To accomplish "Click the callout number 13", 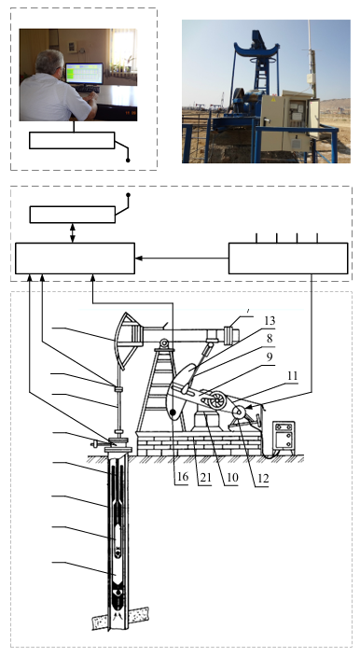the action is point(270,321).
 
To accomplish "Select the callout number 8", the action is point(270,338).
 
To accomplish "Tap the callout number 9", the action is point(270,357).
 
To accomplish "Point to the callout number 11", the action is point(292,376).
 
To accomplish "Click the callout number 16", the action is point(183,477).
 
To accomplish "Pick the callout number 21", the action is point(205,477).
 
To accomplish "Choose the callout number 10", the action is point(232,477).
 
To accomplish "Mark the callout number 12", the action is point(263,478).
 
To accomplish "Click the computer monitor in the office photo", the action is point(84,74).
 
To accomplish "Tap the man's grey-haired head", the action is point(49,63).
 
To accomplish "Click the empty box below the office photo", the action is point(72,140).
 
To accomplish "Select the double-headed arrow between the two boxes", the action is point(73,233).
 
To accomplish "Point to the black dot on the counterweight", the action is point(173,412).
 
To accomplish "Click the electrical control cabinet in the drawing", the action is point(284,436).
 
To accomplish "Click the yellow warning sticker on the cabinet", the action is point(273,100).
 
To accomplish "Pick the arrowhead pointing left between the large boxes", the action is point(139,259).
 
